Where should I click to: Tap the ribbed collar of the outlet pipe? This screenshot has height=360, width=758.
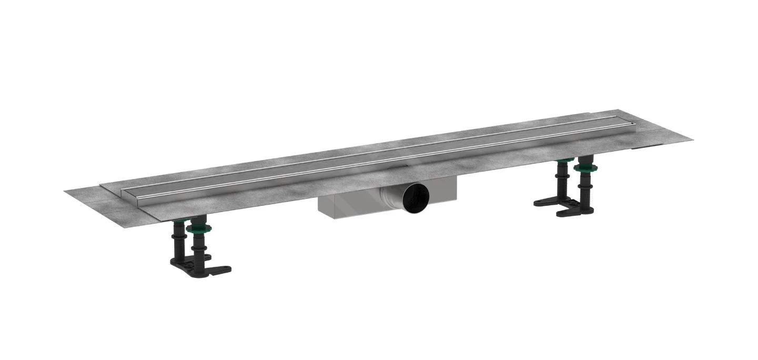(397, 197)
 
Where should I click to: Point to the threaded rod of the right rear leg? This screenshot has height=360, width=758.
(563, 179)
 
